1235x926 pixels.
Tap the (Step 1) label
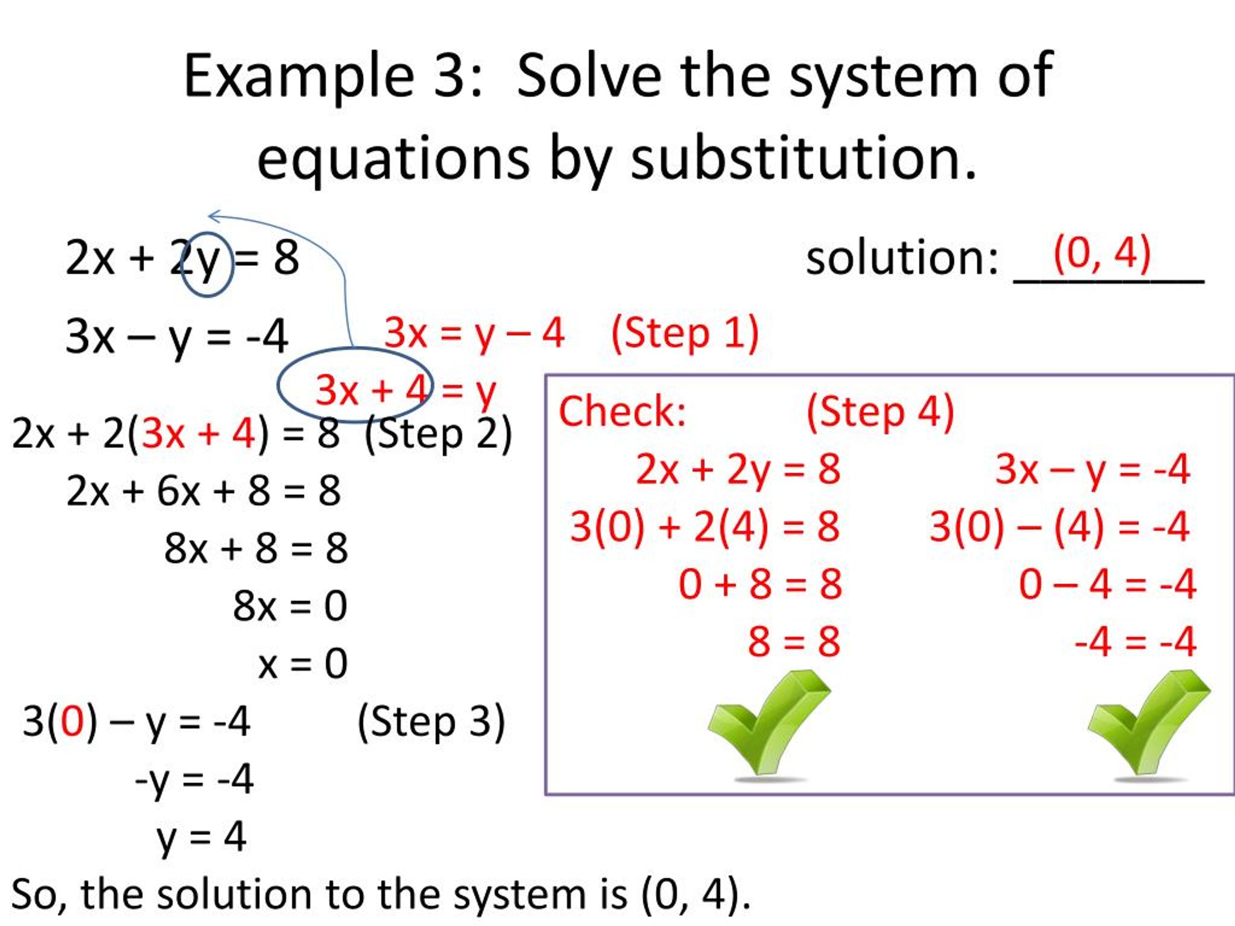[x=685, y=333]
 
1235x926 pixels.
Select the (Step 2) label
[x=438, y=434]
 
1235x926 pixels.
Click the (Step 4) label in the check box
[x=880, y=412]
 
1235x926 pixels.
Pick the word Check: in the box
[x=622, y=412]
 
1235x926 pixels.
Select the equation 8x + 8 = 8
[x=256, y=548]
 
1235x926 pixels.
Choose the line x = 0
[x=302, y=664]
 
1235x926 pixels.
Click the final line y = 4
[x=201, y=837]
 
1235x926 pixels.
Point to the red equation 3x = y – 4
[x=474, y=333]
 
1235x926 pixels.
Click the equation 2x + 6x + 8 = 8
[x=203, y=491]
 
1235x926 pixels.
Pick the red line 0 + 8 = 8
[x=760, y=585]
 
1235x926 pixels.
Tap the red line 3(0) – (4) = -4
[x=1059, y=526]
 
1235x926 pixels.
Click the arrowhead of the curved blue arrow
[x=212, y=216]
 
